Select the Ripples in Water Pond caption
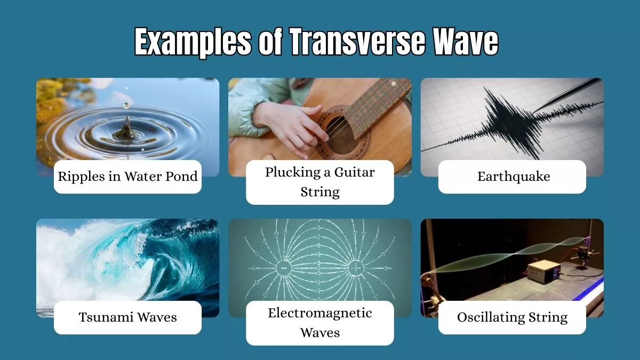128,177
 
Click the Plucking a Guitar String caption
319,182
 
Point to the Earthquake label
512,177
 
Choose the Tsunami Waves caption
128,317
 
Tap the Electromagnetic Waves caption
319,323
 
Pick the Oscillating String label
512,317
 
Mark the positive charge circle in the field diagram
357,268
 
